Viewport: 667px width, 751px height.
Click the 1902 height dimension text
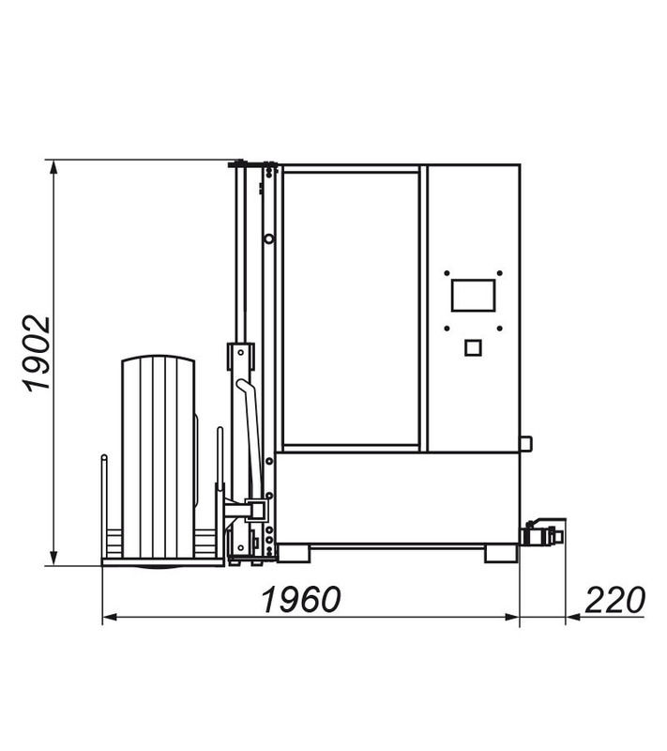(x=37, y=353)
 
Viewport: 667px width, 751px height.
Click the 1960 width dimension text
(x=301, y=599)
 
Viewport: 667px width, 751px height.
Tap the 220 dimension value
(x=614, y=599)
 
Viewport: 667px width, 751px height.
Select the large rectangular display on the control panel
(x=473, y=296)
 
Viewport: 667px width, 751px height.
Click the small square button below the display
(x=473, y=347)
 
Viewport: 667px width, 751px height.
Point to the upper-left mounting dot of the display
(x=447, y=273)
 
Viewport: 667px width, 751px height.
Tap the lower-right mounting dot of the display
(x=499, y=329)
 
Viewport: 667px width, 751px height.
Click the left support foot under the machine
(x=293, y=553)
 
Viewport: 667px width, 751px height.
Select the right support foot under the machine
(x=501, y=553)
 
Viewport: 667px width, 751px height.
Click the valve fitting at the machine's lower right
(x=543, y=532)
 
